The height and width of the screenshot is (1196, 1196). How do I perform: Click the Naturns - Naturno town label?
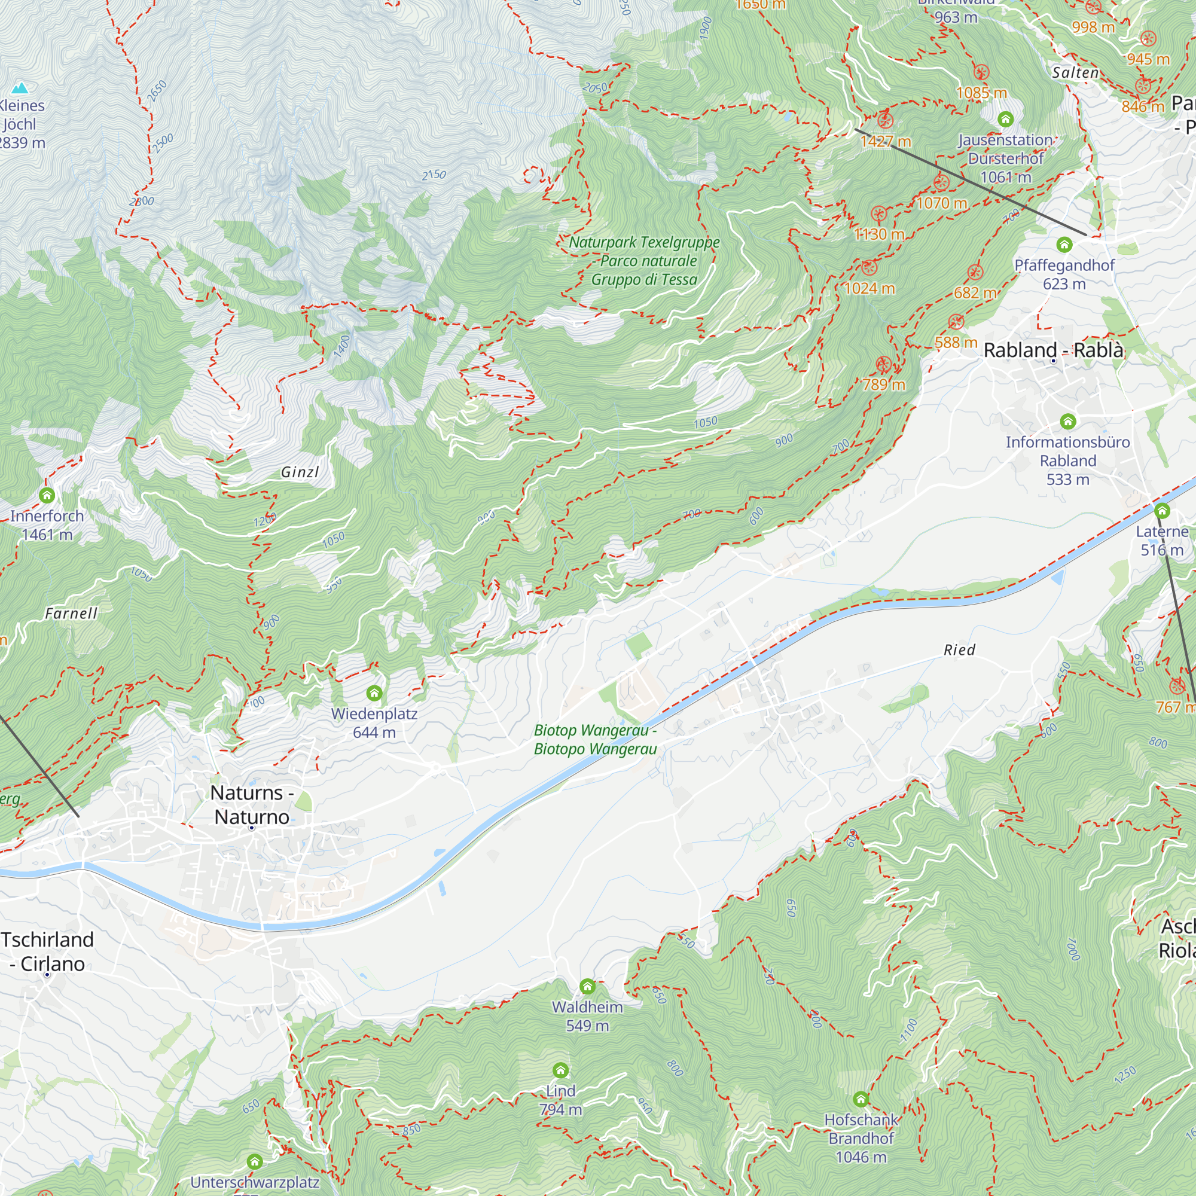click(251, 804)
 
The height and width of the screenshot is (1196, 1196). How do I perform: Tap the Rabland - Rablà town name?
click(1053, 350)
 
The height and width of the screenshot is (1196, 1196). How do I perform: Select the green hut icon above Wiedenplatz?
click(374, 692)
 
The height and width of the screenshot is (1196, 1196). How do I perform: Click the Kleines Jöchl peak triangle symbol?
click(21, 87)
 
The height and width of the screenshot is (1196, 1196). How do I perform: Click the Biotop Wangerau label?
click(595, 740)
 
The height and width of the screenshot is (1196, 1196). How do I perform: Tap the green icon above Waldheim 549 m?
click(587, 986)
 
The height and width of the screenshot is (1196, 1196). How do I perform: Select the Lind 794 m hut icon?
click(560, 1070)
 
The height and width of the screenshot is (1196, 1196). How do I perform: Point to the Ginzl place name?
click(300, 472)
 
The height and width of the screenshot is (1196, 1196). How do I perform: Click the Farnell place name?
click(71, 614)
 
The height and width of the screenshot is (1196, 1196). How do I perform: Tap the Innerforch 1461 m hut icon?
click(47, 495)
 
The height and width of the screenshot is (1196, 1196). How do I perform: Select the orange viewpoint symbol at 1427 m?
click(885, 120)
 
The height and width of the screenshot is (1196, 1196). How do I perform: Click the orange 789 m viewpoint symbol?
click(883, 365)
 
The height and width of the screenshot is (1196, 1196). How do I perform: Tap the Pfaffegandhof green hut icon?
click(1064, 245)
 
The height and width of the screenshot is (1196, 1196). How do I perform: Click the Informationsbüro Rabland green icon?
click(1068, 422)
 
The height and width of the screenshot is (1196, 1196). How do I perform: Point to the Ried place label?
click(959, 650)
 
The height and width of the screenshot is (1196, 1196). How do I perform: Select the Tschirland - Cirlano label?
click(47, 951)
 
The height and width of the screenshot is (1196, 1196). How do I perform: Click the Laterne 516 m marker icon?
click(1162, 511)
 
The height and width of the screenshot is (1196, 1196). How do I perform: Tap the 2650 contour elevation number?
click(157, 91)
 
